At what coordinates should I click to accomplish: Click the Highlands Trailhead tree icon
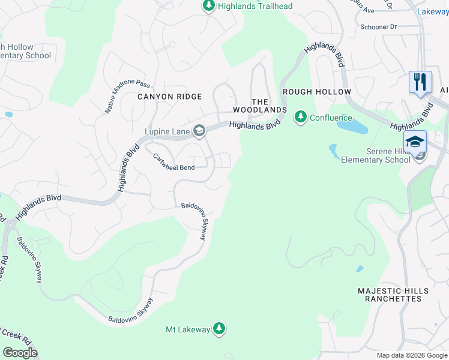point(208,6)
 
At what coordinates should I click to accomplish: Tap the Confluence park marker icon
point(300,117)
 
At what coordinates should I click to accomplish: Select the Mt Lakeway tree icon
point(220,329)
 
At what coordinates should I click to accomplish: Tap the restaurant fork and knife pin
point(420,82)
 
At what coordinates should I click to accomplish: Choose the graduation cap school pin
point(415,142)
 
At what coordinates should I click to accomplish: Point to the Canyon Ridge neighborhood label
point(170,97)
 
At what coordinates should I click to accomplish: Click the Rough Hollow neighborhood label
point(316,92)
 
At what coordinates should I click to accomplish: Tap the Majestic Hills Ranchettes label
point(393,295)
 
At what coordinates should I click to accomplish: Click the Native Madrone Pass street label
point(127,98)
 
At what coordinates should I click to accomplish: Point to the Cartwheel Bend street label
point(173,162)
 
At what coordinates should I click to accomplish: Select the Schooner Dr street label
point(379,28)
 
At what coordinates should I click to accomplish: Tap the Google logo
point(20,353)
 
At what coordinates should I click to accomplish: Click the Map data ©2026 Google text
point(412,355)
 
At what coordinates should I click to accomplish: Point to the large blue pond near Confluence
point(352,126)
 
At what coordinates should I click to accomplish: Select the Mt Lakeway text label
point(188,329)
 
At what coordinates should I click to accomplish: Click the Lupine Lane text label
point(167,131)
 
